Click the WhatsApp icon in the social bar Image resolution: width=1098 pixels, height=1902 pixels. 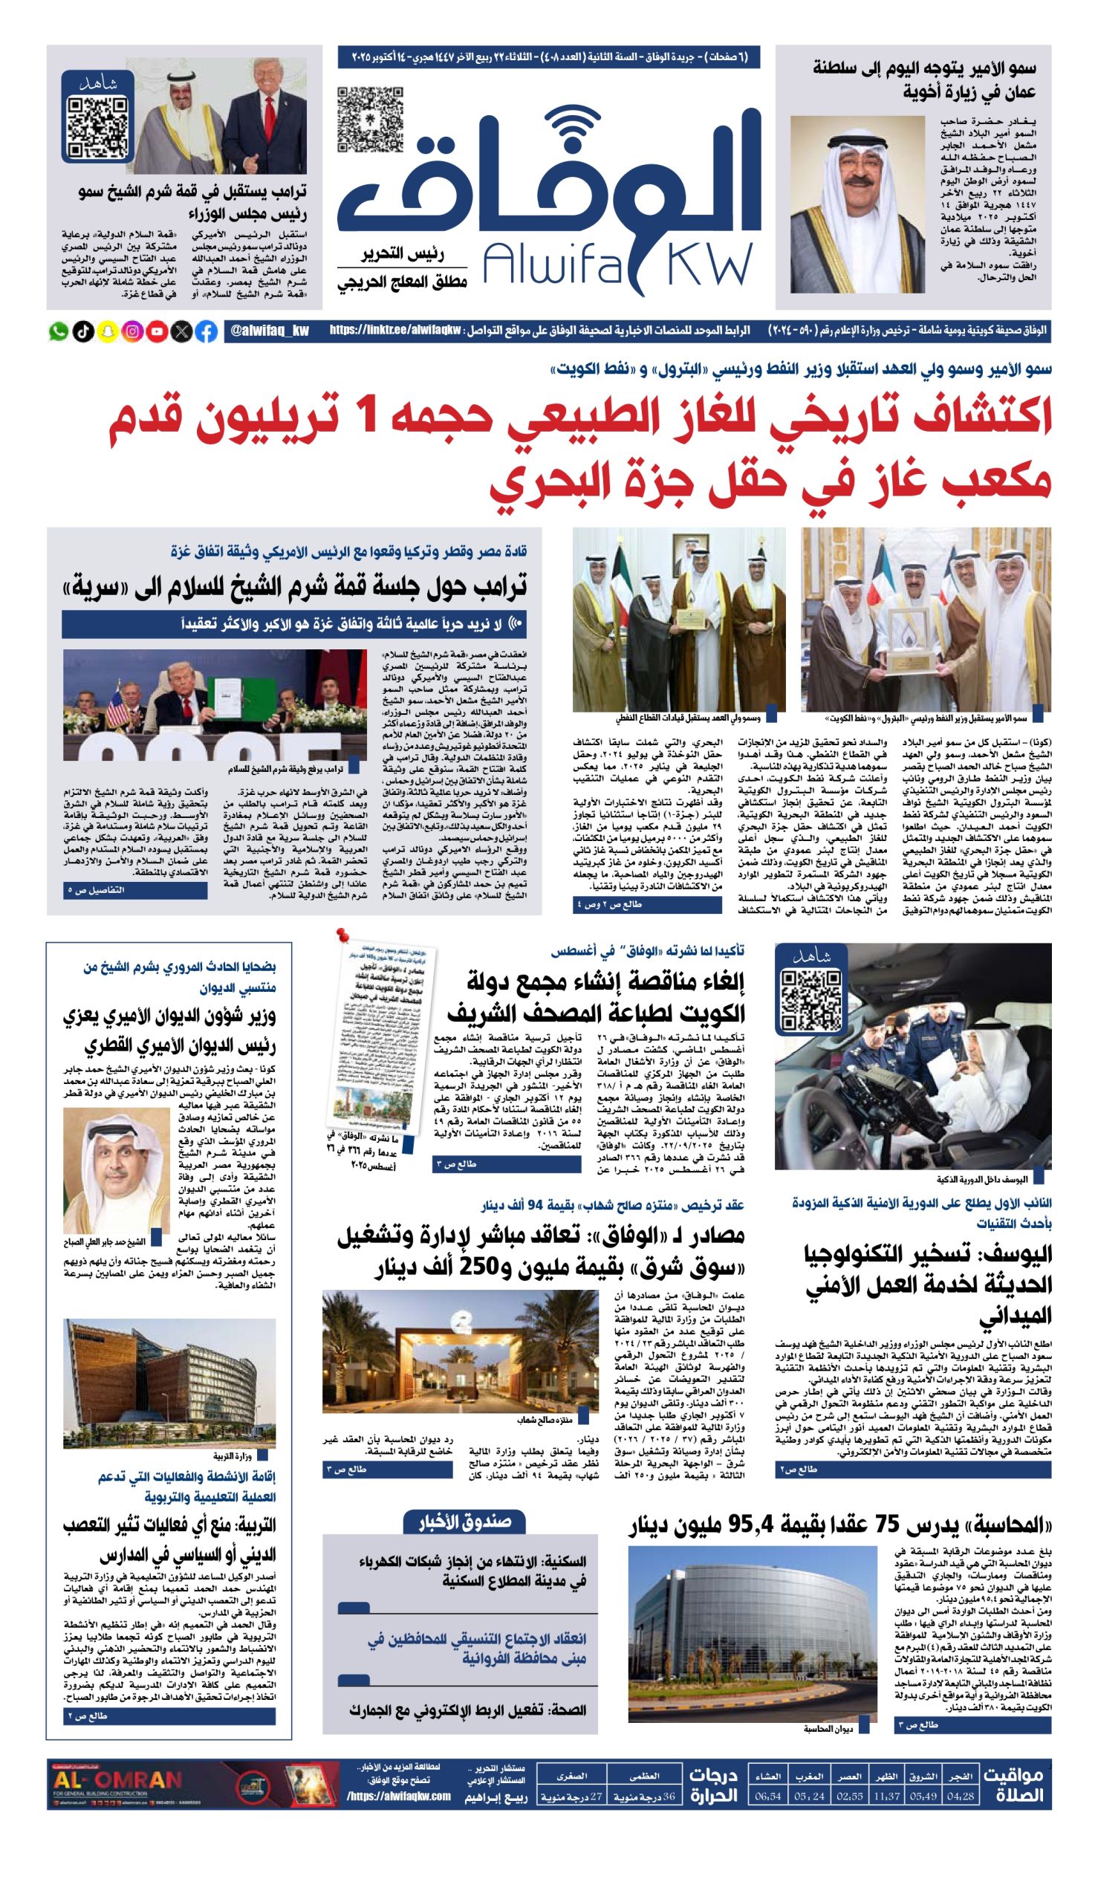[x=58, y=331]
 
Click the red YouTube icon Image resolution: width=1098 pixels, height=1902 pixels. [x=157, y=331]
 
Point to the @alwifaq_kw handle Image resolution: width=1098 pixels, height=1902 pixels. [x=267, y=331]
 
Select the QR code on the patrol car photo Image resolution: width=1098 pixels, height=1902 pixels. [x=810, y=999]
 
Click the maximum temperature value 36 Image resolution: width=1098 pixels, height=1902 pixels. [x=668, y=1796]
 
